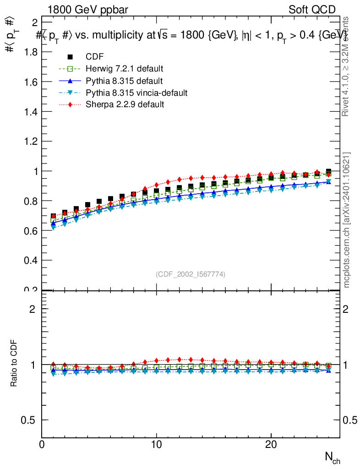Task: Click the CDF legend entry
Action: (x=95, y=57)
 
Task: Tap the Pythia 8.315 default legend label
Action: (x=124, y=81)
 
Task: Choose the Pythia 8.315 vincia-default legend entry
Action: (x=136, y=93)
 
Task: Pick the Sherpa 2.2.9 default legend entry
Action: (x=125, y=104)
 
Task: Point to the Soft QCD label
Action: (x=312, y=10)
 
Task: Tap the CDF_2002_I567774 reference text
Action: (x=191, y=274)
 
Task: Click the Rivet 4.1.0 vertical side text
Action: (x=346, y=66)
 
